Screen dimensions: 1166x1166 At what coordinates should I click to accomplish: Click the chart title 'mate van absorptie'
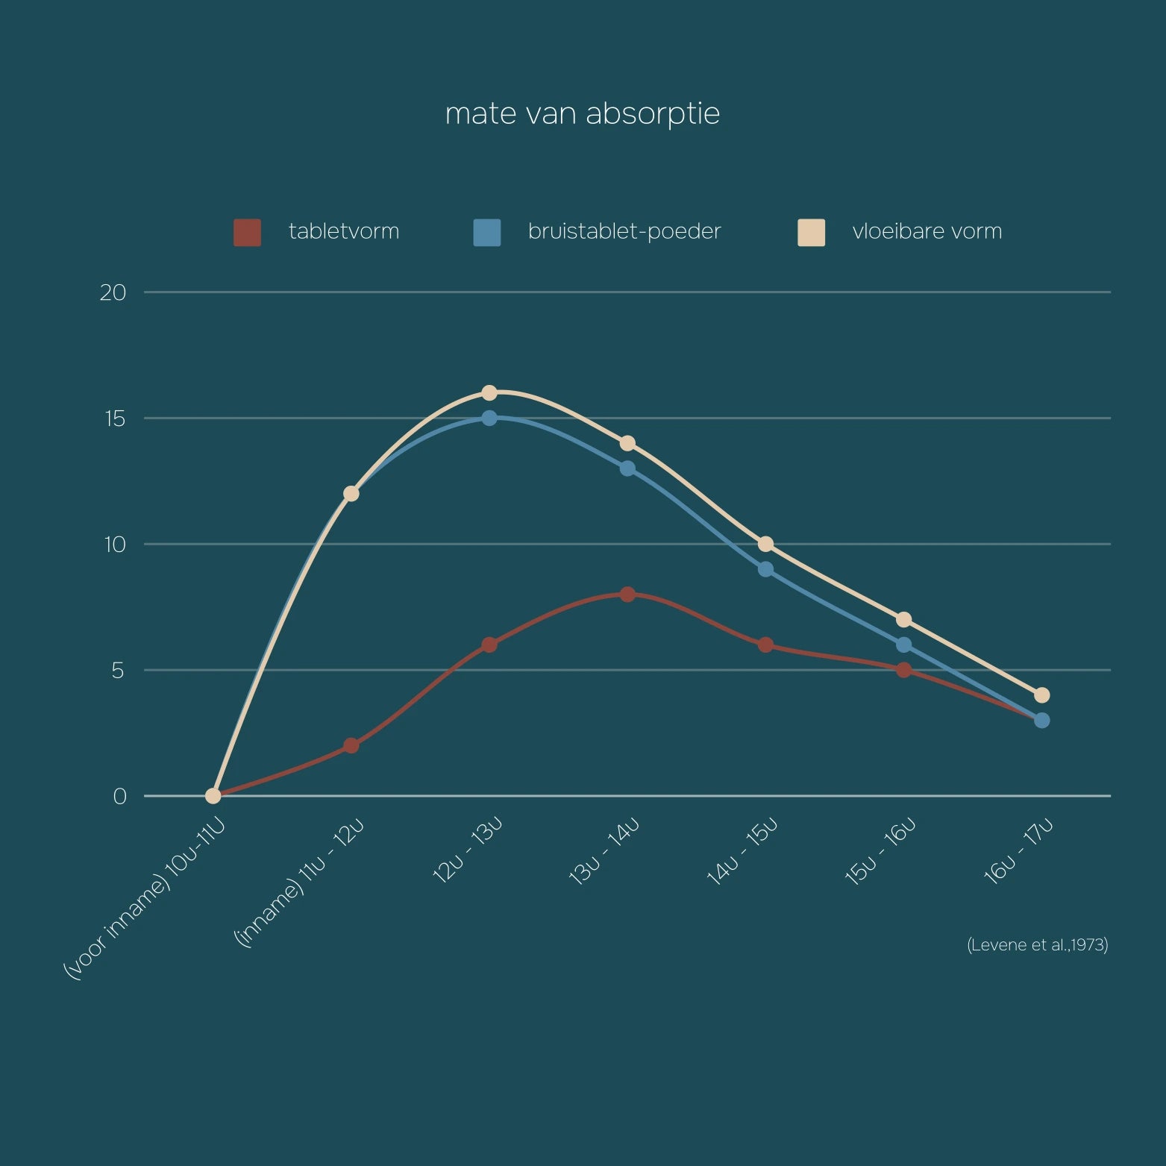tap(582, 113)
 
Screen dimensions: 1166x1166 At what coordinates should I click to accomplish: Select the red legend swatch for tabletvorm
tap(247, 232)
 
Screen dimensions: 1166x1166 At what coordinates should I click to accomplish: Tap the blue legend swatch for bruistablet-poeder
tap(486, 232)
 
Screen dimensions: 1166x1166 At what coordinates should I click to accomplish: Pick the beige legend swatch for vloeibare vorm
tap(811, 232)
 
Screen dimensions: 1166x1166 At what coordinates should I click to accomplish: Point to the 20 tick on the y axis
tap(113, 292)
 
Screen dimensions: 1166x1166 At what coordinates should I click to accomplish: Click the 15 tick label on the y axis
tap(114, 419)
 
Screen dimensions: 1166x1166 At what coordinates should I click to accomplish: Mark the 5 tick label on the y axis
tap(117, 671)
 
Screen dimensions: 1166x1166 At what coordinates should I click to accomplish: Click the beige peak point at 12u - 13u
tap(489, 392)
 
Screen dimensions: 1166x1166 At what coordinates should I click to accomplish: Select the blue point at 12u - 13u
tap(489, 418)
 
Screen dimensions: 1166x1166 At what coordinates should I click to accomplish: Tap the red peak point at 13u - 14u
tap(627, 595)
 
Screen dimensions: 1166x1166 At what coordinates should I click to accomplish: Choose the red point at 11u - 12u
tap(351, 745)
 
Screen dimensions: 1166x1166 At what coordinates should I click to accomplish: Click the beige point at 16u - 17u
tap(1042, 695)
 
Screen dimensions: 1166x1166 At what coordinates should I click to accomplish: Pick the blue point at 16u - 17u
tap(1042, 720)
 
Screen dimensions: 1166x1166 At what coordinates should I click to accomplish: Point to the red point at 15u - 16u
tap(904, 670)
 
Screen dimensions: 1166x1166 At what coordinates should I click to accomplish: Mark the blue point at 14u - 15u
tap(765, 569)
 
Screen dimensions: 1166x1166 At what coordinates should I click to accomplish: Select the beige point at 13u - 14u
tap(627, 443)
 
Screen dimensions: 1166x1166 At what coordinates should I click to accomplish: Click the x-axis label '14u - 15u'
tap(742, 852)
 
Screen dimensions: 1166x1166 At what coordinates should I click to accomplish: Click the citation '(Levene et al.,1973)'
tap(1037, 945)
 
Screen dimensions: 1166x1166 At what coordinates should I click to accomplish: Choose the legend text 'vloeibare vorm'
tap(927, 231)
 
